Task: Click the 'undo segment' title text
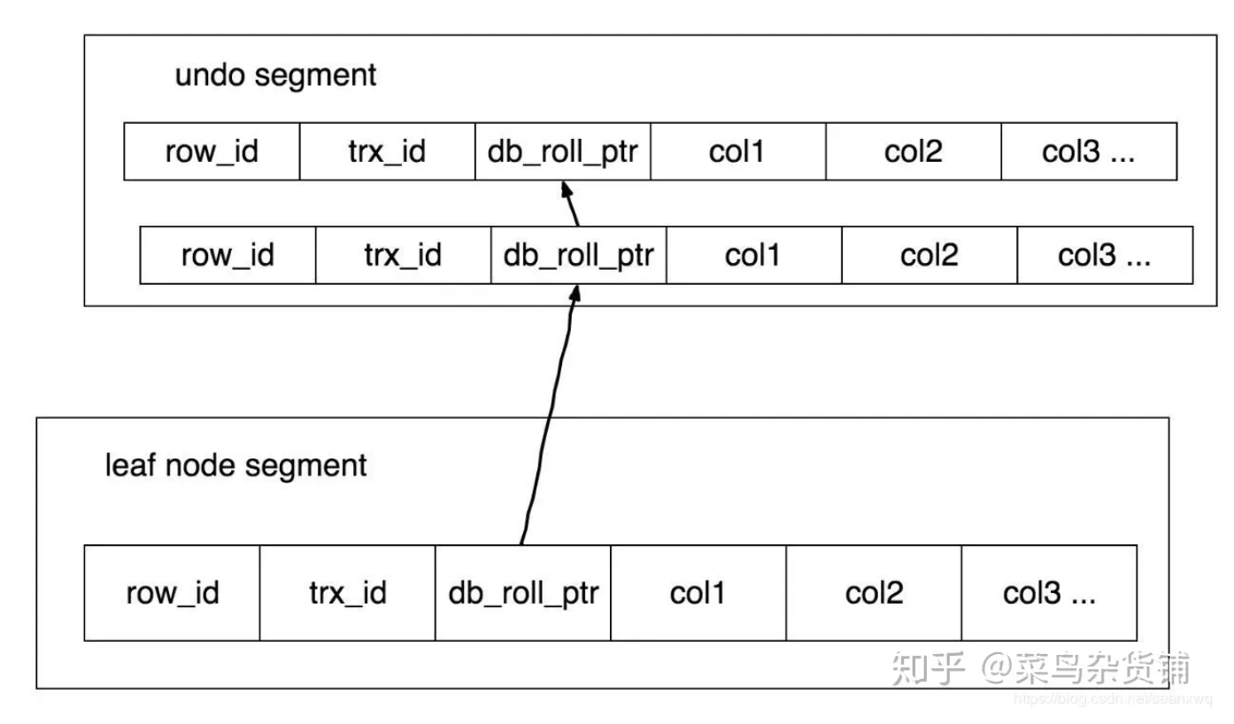click(x=275, y=75)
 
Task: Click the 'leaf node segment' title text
click(x=235, y=465)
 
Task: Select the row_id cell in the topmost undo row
click(x=212, y=152)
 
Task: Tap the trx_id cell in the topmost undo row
click(x=387, y=152)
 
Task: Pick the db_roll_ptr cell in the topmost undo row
click(x=562, y=152)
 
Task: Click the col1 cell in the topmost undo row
click(x=737, y=152)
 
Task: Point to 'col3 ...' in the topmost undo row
click(x=1088, y=152)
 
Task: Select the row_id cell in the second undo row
click(x=228, y=255)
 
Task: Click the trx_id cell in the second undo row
click(x=403, y=255)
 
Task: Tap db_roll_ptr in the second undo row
click(x=578, y=255)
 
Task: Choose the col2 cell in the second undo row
click(x=929, y=255)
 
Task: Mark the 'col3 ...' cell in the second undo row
click(x=1105, y=255)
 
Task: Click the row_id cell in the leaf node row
click(x=172, y=592)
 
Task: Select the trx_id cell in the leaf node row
click(x=347, y=592)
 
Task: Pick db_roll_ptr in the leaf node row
click(x=522, y=592)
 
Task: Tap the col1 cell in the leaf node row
click(x=698, y=592)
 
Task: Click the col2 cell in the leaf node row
click(x=874, y=592)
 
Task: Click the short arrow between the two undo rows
click(x=571, y=205)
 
